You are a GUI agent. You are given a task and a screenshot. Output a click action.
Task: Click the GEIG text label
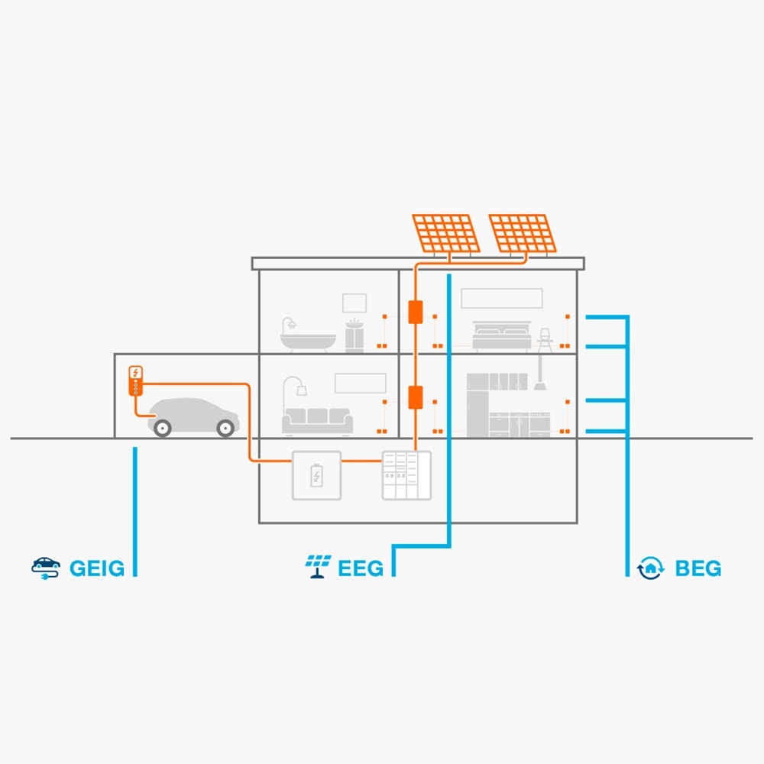point(97,568)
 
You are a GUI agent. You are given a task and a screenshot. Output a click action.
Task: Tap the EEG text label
point(361,568)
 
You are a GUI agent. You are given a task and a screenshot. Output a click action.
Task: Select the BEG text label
point(698,568)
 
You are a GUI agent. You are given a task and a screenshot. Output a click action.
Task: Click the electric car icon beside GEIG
point(46,567)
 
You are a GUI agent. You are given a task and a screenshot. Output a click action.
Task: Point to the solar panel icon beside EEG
point(318,566)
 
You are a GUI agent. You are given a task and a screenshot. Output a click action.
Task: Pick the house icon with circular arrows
point(650,568)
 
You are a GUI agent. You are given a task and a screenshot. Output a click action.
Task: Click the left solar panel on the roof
point(447,233)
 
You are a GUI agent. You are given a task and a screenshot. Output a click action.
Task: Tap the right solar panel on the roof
point(523,233)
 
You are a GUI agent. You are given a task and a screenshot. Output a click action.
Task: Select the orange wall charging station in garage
point(135,380)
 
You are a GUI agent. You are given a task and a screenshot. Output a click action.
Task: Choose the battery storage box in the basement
point(316,475)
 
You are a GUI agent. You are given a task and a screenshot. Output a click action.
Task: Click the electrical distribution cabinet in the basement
point(406,475)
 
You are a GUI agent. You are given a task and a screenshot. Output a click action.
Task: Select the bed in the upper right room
point(501,337)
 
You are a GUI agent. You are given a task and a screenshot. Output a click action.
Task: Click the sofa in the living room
point(318,421)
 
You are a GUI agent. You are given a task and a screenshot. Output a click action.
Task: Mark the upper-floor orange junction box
point(416,312)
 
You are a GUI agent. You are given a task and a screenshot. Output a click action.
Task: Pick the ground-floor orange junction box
point(416,397)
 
